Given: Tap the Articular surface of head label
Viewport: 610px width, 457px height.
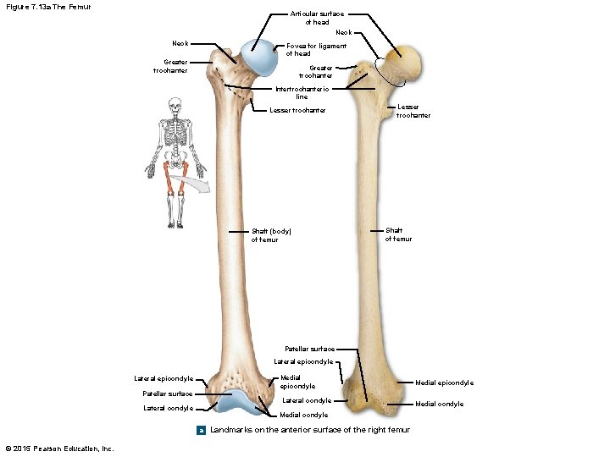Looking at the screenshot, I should click(317, 19).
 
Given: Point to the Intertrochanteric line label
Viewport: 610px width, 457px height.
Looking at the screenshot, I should click(302, 92).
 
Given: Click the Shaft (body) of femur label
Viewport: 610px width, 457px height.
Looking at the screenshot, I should click(276, 235).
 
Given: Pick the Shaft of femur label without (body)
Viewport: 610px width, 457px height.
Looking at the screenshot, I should click(398, 234).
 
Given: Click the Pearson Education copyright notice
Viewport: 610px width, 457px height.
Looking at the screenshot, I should click(59, 448).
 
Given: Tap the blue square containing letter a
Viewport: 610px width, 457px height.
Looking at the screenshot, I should click(201, 431).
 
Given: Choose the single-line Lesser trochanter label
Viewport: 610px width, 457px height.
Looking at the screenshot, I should click(297, 110).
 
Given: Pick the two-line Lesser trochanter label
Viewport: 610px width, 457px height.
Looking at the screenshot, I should click(413, 111).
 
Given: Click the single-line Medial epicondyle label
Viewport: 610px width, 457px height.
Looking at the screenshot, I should click(444, 383).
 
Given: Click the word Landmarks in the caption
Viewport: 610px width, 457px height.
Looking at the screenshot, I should click(232, 430).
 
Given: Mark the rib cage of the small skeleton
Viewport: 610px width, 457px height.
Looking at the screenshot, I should click(175, 132).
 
